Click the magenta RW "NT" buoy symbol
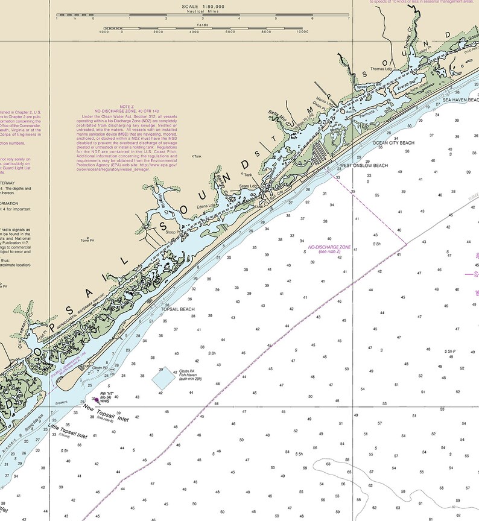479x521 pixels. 95,399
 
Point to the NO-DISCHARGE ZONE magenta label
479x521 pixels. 329,247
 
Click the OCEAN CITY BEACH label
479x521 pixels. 393,144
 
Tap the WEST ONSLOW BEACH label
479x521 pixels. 363,165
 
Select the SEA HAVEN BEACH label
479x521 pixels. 460,100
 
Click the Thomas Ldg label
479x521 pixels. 381,69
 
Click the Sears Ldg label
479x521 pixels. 248,186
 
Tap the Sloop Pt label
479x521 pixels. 174,231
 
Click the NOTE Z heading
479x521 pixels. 127,106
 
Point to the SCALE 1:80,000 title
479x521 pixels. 203,7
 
